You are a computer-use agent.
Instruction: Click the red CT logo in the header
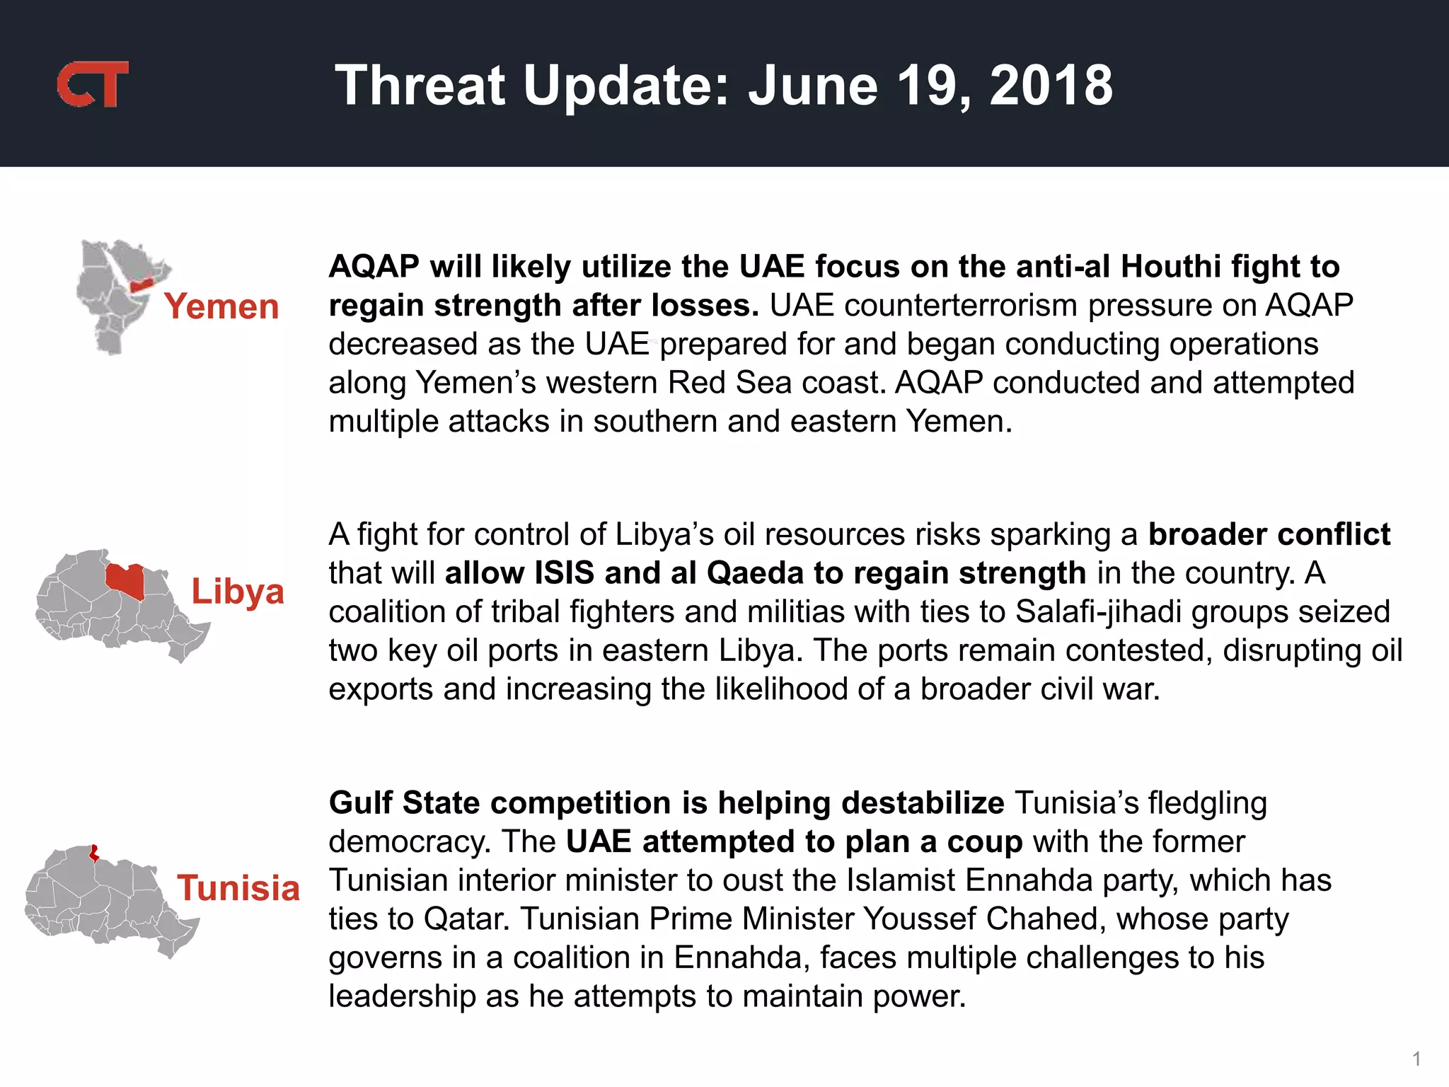coord(93,84)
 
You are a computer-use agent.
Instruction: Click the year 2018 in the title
coord(1051,86)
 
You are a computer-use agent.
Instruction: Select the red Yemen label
coord(221,306)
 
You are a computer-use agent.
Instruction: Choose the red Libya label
coord(238,591)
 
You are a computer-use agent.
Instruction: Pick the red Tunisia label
coord(238,888)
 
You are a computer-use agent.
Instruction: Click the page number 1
coord(1416,1059)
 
